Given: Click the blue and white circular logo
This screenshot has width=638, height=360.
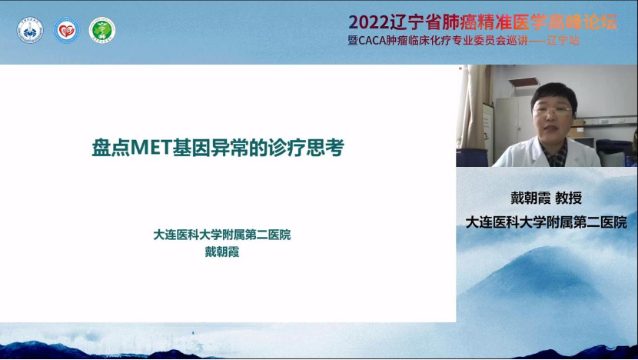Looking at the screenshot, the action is pyautogui.click(x=30, y=30).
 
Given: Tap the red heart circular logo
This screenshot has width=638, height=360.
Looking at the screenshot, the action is pyautogui.click(x=66, y=30).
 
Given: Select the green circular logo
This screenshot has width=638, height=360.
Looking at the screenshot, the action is pyautogui.click(x=102, y=30).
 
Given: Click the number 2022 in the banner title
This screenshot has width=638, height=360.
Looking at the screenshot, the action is pyautogui.click(x=369, y=22).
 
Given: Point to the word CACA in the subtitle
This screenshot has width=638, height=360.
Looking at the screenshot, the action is pyautogui.click(x=371, y=41).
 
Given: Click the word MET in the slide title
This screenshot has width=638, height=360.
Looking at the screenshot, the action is pyautogui.click(x=151, y=148).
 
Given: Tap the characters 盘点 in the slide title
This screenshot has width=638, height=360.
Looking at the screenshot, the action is pyautogui.click(x=111, y=148).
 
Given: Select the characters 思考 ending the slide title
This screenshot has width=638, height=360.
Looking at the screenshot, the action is pyautogui.click(x=325, y=148).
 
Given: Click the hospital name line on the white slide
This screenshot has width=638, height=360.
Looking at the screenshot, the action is pyautogui.click(x=221, y=235).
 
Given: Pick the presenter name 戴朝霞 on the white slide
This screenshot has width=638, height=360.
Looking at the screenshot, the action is pyautogui.click(x=221, y=252).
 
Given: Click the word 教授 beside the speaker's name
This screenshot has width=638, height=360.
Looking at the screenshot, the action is pyautogui.click(x=569, y=198).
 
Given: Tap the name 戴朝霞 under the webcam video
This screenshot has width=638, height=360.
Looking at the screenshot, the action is pyautogui.click(x=530, y=198).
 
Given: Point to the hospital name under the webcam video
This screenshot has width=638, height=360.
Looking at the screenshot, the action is pyautogui.click(x=546, y=222).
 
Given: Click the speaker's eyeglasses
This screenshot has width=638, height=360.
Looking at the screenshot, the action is pyautogui.click(x=552, y=110).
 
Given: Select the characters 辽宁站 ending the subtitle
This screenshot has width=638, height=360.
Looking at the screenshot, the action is pyautogui.click(x=563, y=41).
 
